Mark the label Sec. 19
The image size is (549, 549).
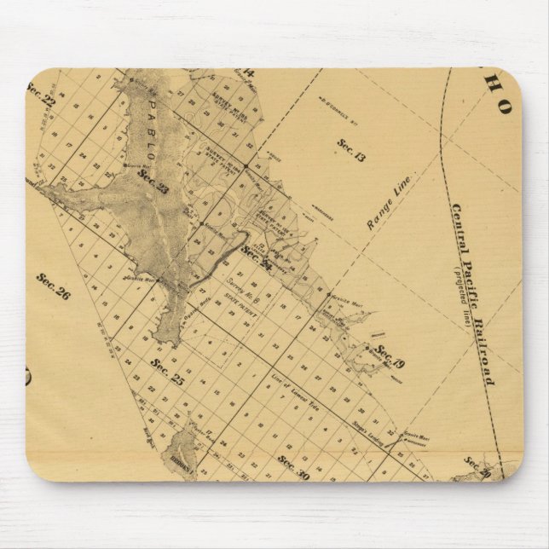[x=390, y=356]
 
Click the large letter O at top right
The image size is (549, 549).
[x=505, y=108]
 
